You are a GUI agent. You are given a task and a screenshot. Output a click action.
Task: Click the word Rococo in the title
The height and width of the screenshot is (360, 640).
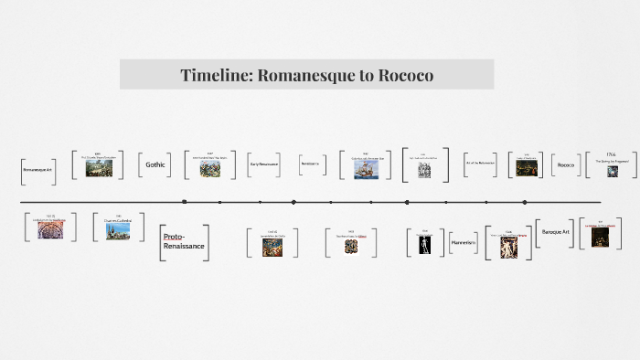tap(401, 75)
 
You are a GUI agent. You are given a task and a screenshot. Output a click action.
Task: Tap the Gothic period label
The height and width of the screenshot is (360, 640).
tap(155, 164)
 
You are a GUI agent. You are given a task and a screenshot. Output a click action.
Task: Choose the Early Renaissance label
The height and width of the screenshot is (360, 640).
tap(263, 164)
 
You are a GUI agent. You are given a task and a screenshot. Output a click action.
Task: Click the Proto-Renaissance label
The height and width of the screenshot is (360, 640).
tap(184, 242)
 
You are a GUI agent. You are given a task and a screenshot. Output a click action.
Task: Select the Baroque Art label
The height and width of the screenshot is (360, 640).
tap(556, 232)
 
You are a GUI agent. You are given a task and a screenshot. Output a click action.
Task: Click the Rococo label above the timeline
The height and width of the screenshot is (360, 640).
tap(566, 164)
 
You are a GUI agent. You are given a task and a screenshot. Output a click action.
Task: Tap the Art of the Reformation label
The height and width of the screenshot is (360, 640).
tap(480, 164)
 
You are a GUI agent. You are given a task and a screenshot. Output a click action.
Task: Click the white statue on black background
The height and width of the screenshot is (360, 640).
tap(424, 245)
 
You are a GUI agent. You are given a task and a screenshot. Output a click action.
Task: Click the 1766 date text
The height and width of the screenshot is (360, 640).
tap(612, 154)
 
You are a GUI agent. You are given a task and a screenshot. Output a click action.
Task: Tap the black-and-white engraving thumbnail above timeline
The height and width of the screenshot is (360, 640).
tap(424, 170)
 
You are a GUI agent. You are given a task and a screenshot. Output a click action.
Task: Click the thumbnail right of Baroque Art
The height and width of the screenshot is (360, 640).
tap(601, 235)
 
